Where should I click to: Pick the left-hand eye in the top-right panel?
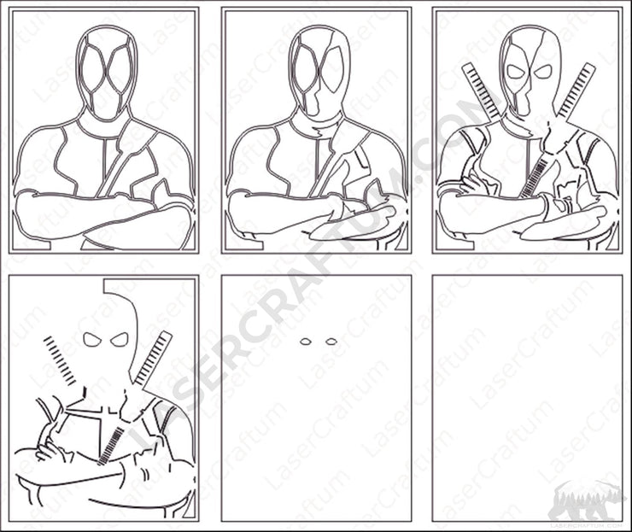coord(515,72)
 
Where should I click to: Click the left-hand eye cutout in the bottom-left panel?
coord(94,339)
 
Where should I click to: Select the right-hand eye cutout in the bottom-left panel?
coord(120,339)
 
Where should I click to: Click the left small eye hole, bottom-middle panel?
coord(305,342)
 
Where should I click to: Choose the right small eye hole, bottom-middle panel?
coord(331,342)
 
